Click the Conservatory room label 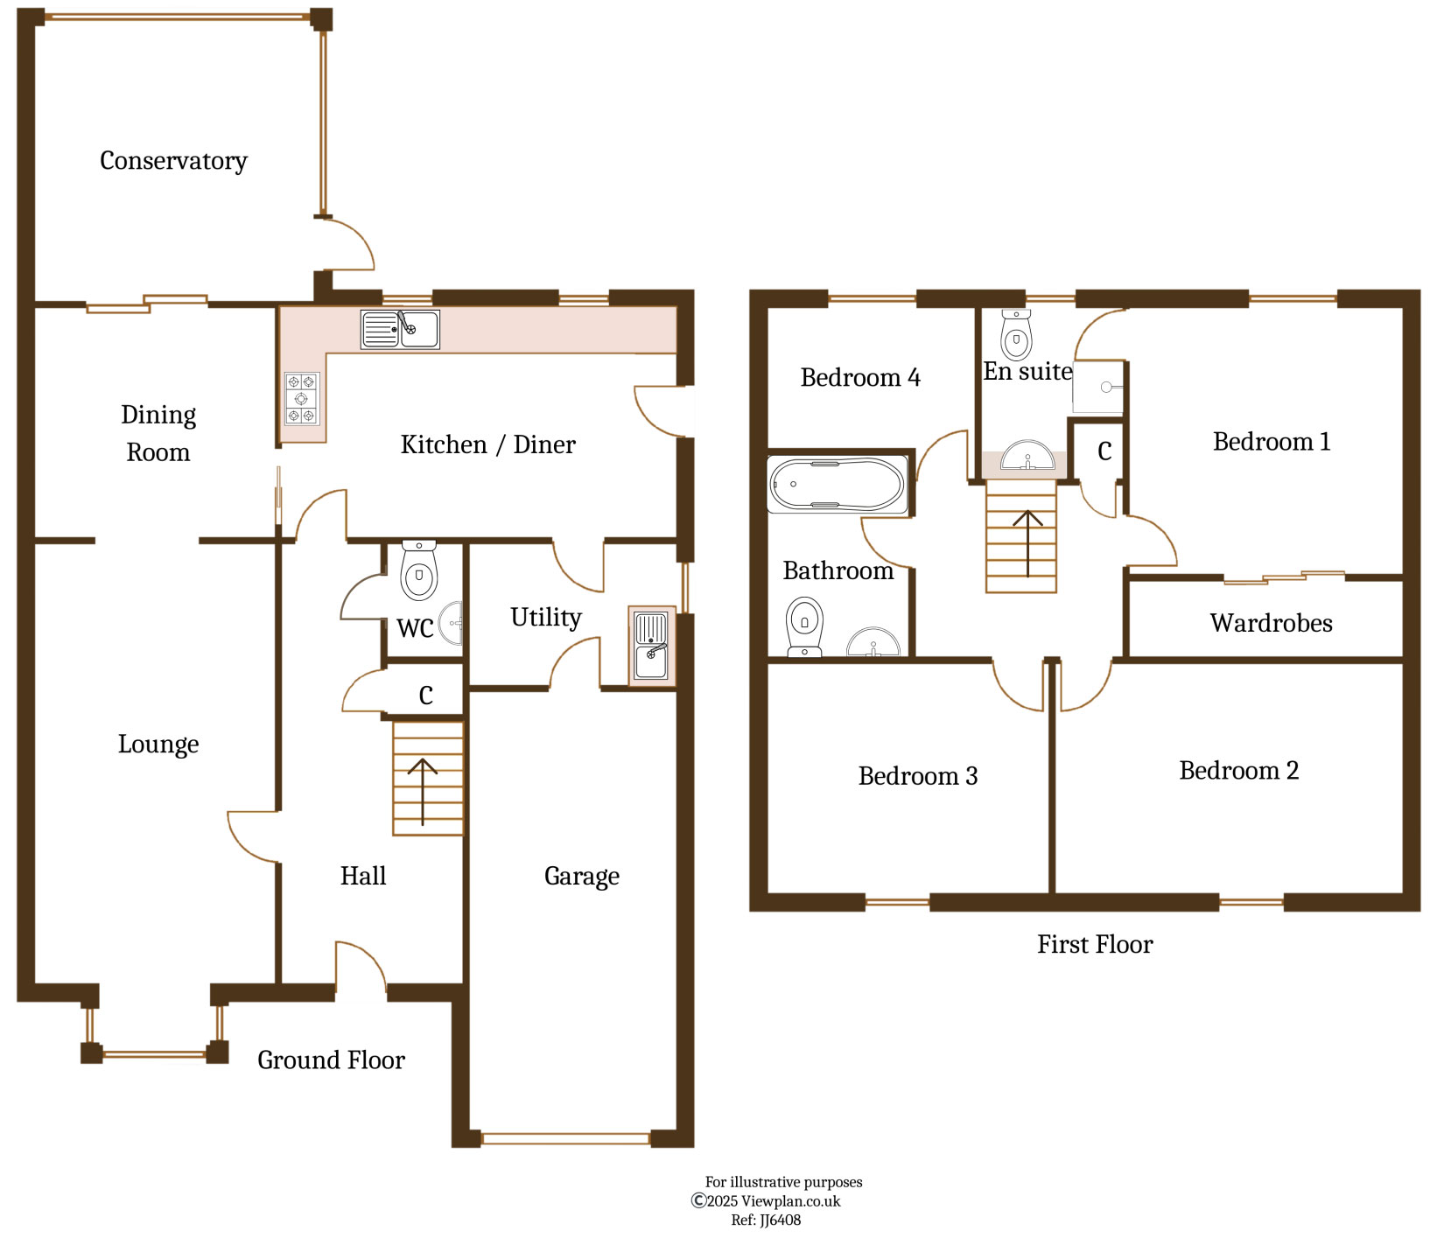click(x=173, y=161)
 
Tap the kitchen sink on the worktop click(x=400, y=330)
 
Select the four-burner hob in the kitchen click(x=302, y=398)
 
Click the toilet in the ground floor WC click(x=418, y=570)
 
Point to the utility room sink click(x=651, y=646)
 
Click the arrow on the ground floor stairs click(x=423, y=792)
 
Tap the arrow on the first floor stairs click(x=1028, y=544)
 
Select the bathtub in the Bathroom click(x=838, y=485)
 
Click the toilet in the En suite click(x=1016, y=335)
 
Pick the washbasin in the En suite click(x=1027, y=457)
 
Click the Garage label click(x=582, y=876)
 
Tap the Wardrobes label click(x=1272, y=623)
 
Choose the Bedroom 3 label click(x=918, y=776)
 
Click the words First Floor click(x=1095, y=944)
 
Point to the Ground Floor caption click(x=331, y=1060)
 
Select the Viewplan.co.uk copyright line click(x=766, y=1201)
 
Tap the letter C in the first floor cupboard click(x=1104, y=451)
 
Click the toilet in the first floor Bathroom click(x=804, y=626)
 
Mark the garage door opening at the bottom click(x=565, y=1138)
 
